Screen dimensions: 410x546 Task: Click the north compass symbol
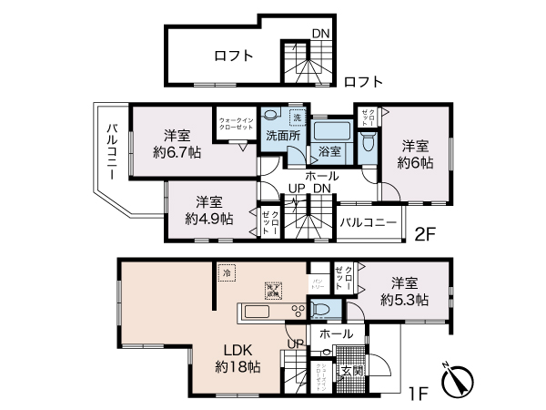tap(458, 382)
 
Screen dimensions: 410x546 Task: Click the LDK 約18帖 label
tap(238, 358)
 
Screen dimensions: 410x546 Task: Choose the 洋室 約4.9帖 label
tap(208, 210)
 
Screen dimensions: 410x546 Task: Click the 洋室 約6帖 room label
tap(416, 154)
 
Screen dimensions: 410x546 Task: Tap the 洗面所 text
tap(281, 136)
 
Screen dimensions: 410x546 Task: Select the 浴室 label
tap(329, 151)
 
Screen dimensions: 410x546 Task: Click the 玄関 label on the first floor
tap(352, 372)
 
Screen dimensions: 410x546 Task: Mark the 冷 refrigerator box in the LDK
tap(224, 271)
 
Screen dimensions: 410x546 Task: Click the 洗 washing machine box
tap(296, 117)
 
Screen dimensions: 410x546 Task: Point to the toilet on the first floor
tap(319, 311)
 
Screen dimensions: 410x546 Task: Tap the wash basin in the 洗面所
tap(271, 116)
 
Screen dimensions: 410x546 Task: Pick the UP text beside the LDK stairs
tap(296, 343)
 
